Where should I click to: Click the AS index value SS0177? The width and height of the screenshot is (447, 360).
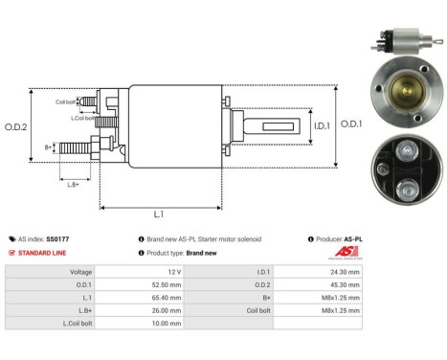coord(57,238)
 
